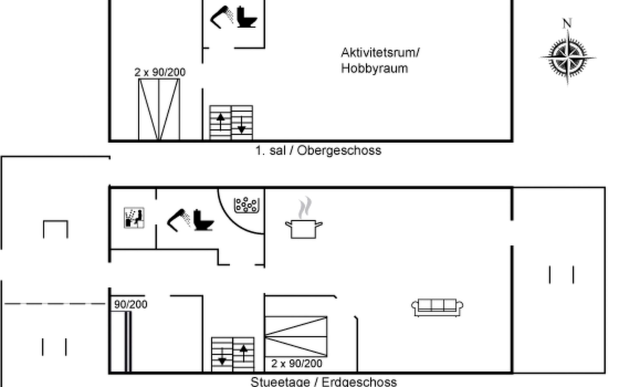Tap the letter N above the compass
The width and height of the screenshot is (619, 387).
click(x=567, y=23)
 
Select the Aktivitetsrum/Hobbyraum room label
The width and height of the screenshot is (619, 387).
click(x=380, y=60)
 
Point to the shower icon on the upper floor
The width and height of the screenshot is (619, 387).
click(x=222, y=17)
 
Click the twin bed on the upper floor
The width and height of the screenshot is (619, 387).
click(x=159, y=110)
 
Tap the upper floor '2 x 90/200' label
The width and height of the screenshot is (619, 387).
click(x=160, y=72)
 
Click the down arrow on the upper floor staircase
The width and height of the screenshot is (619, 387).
click(x=242, y=124)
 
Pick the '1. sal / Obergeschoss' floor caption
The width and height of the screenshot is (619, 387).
click(x=318, y=151)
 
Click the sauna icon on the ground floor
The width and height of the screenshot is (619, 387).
click(x=134, y=218)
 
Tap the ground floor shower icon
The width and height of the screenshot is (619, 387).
click(x=179, y=220)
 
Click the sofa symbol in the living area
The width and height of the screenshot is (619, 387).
click(x=437, y=308)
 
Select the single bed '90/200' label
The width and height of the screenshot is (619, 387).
click(x=131, y=304)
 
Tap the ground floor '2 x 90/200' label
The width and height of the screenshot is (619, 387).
click(x=297, y=364)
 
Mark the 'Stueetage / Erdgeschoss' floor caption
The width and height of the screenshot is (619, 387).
click(x=324, y=382)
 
